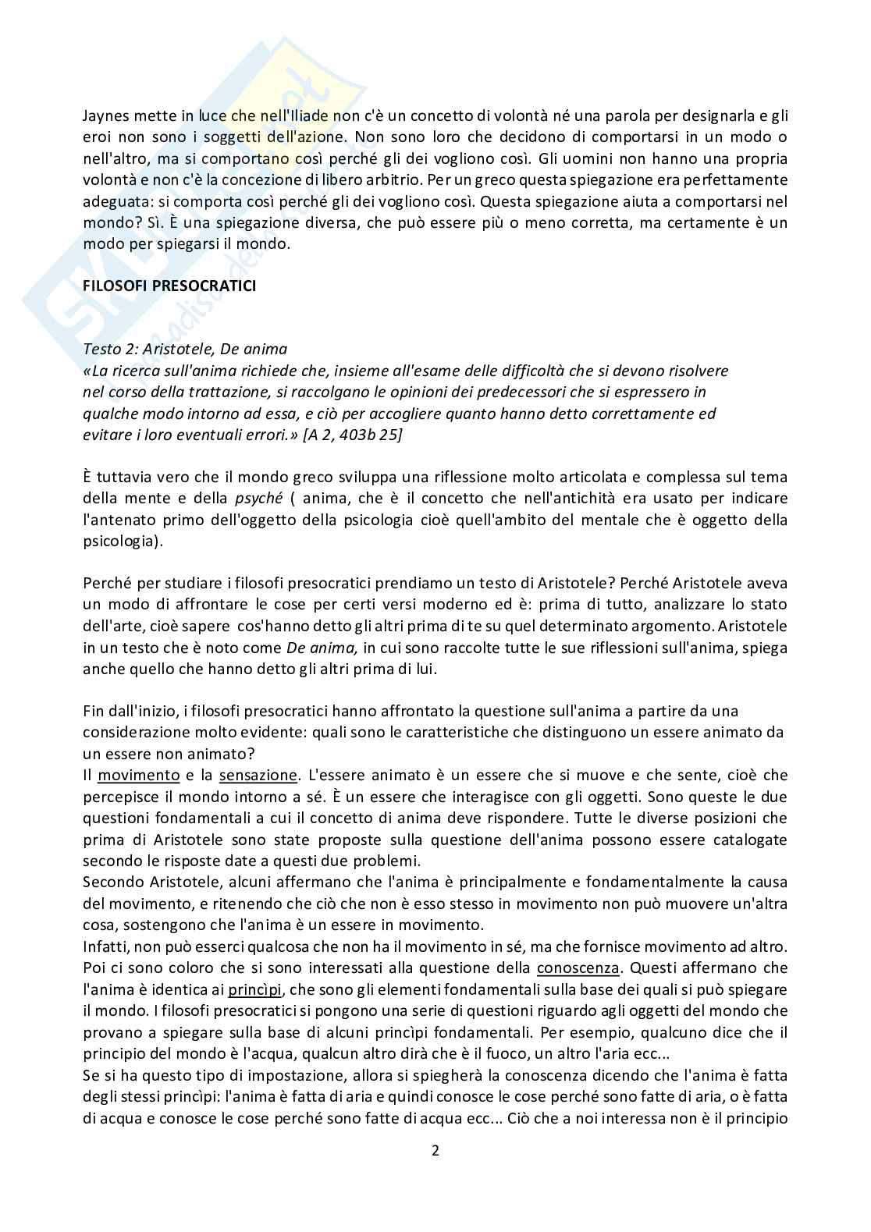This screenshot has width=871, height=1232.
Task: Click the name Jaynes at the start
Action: click(105, 116)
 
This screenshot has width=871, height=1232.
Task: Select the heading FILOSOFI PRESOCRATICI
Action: click(169, 286)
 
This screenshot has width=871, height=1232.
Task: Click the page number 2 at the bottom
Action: click(435, 1151)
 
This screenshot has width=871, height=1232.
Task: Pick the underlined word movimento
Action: click(139, 776)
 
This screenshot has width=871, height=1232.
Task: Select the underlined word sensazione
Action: click(258, 776)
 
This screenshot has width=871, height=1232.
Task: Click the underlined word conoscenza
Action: click(578, 968)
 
